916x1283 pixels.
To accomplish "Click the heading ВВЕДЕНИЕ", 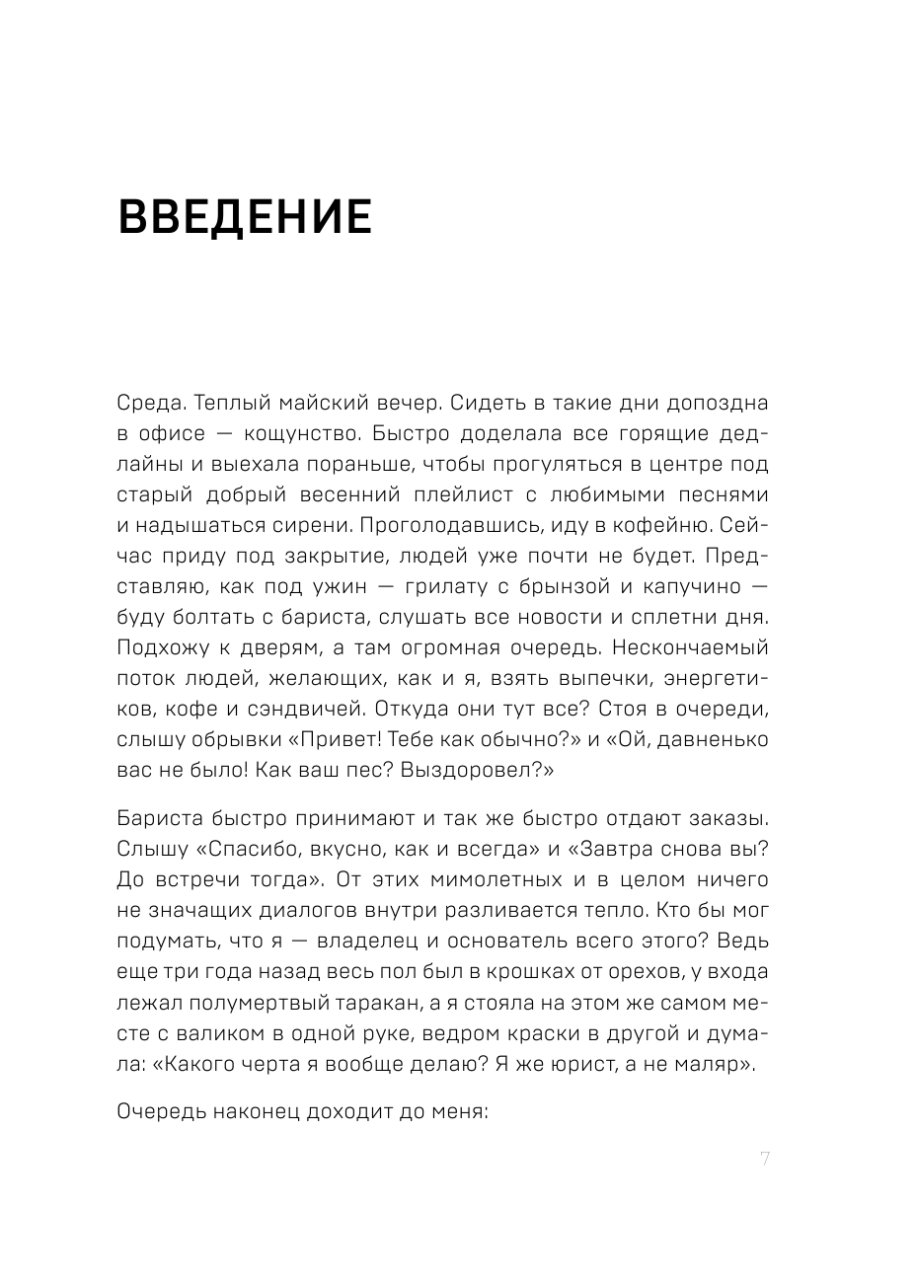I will click(x=245, y=217).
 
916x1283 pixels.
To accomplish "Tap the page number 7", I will click(x=764, y=1159).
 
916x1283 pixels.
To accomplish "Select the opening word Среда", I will click(x=149, y=404).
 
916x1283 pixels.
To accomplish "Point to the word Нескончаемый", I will click(x=696, y=648).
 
